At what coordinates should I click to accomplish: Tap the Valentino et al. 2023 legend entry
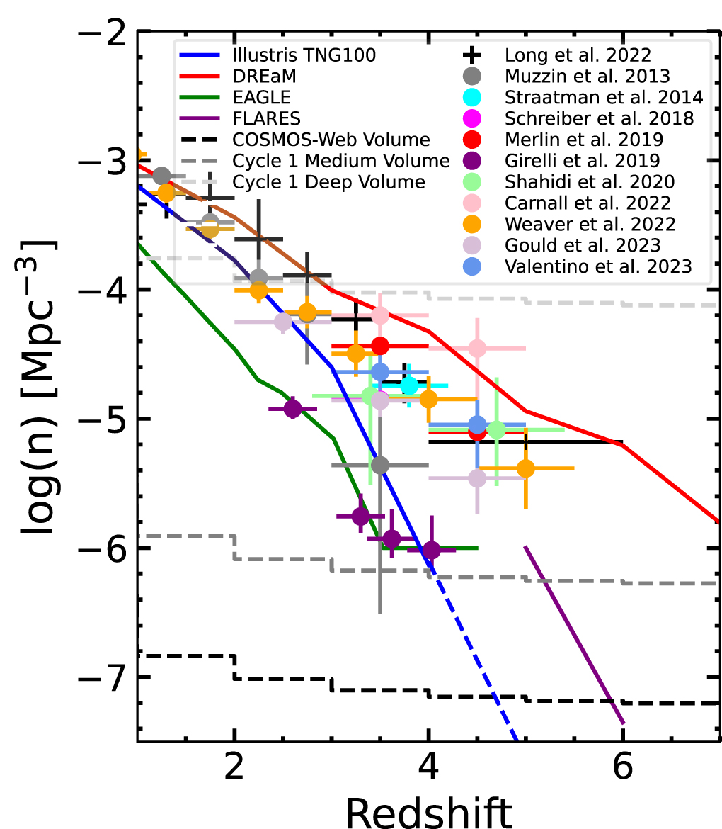click(599, 266)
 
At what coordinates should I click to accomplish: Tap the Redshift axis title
click(428, 808)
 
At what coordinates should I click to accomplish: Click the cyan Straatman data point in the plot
click(409, 385)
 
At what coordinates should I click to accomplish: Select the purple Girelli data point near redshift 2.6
click(292, 409)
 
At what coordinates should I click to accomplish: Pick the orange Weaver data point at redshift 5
click(526, 468)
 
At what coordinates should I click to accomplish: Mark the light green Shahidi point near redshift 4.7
click(496, 429)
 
